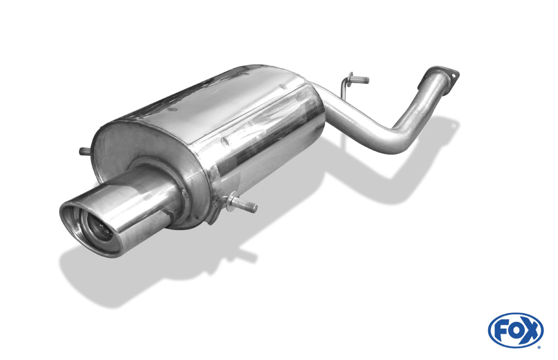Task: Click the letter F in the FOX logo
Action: point(499,330)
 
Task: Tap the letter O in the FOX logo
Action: point(514,330)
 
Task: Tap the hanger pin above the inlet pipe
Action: point(359,79)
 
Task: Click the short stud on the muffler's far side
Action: point(85,151)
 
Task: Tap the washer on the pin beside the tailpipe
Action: point(230,199)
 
